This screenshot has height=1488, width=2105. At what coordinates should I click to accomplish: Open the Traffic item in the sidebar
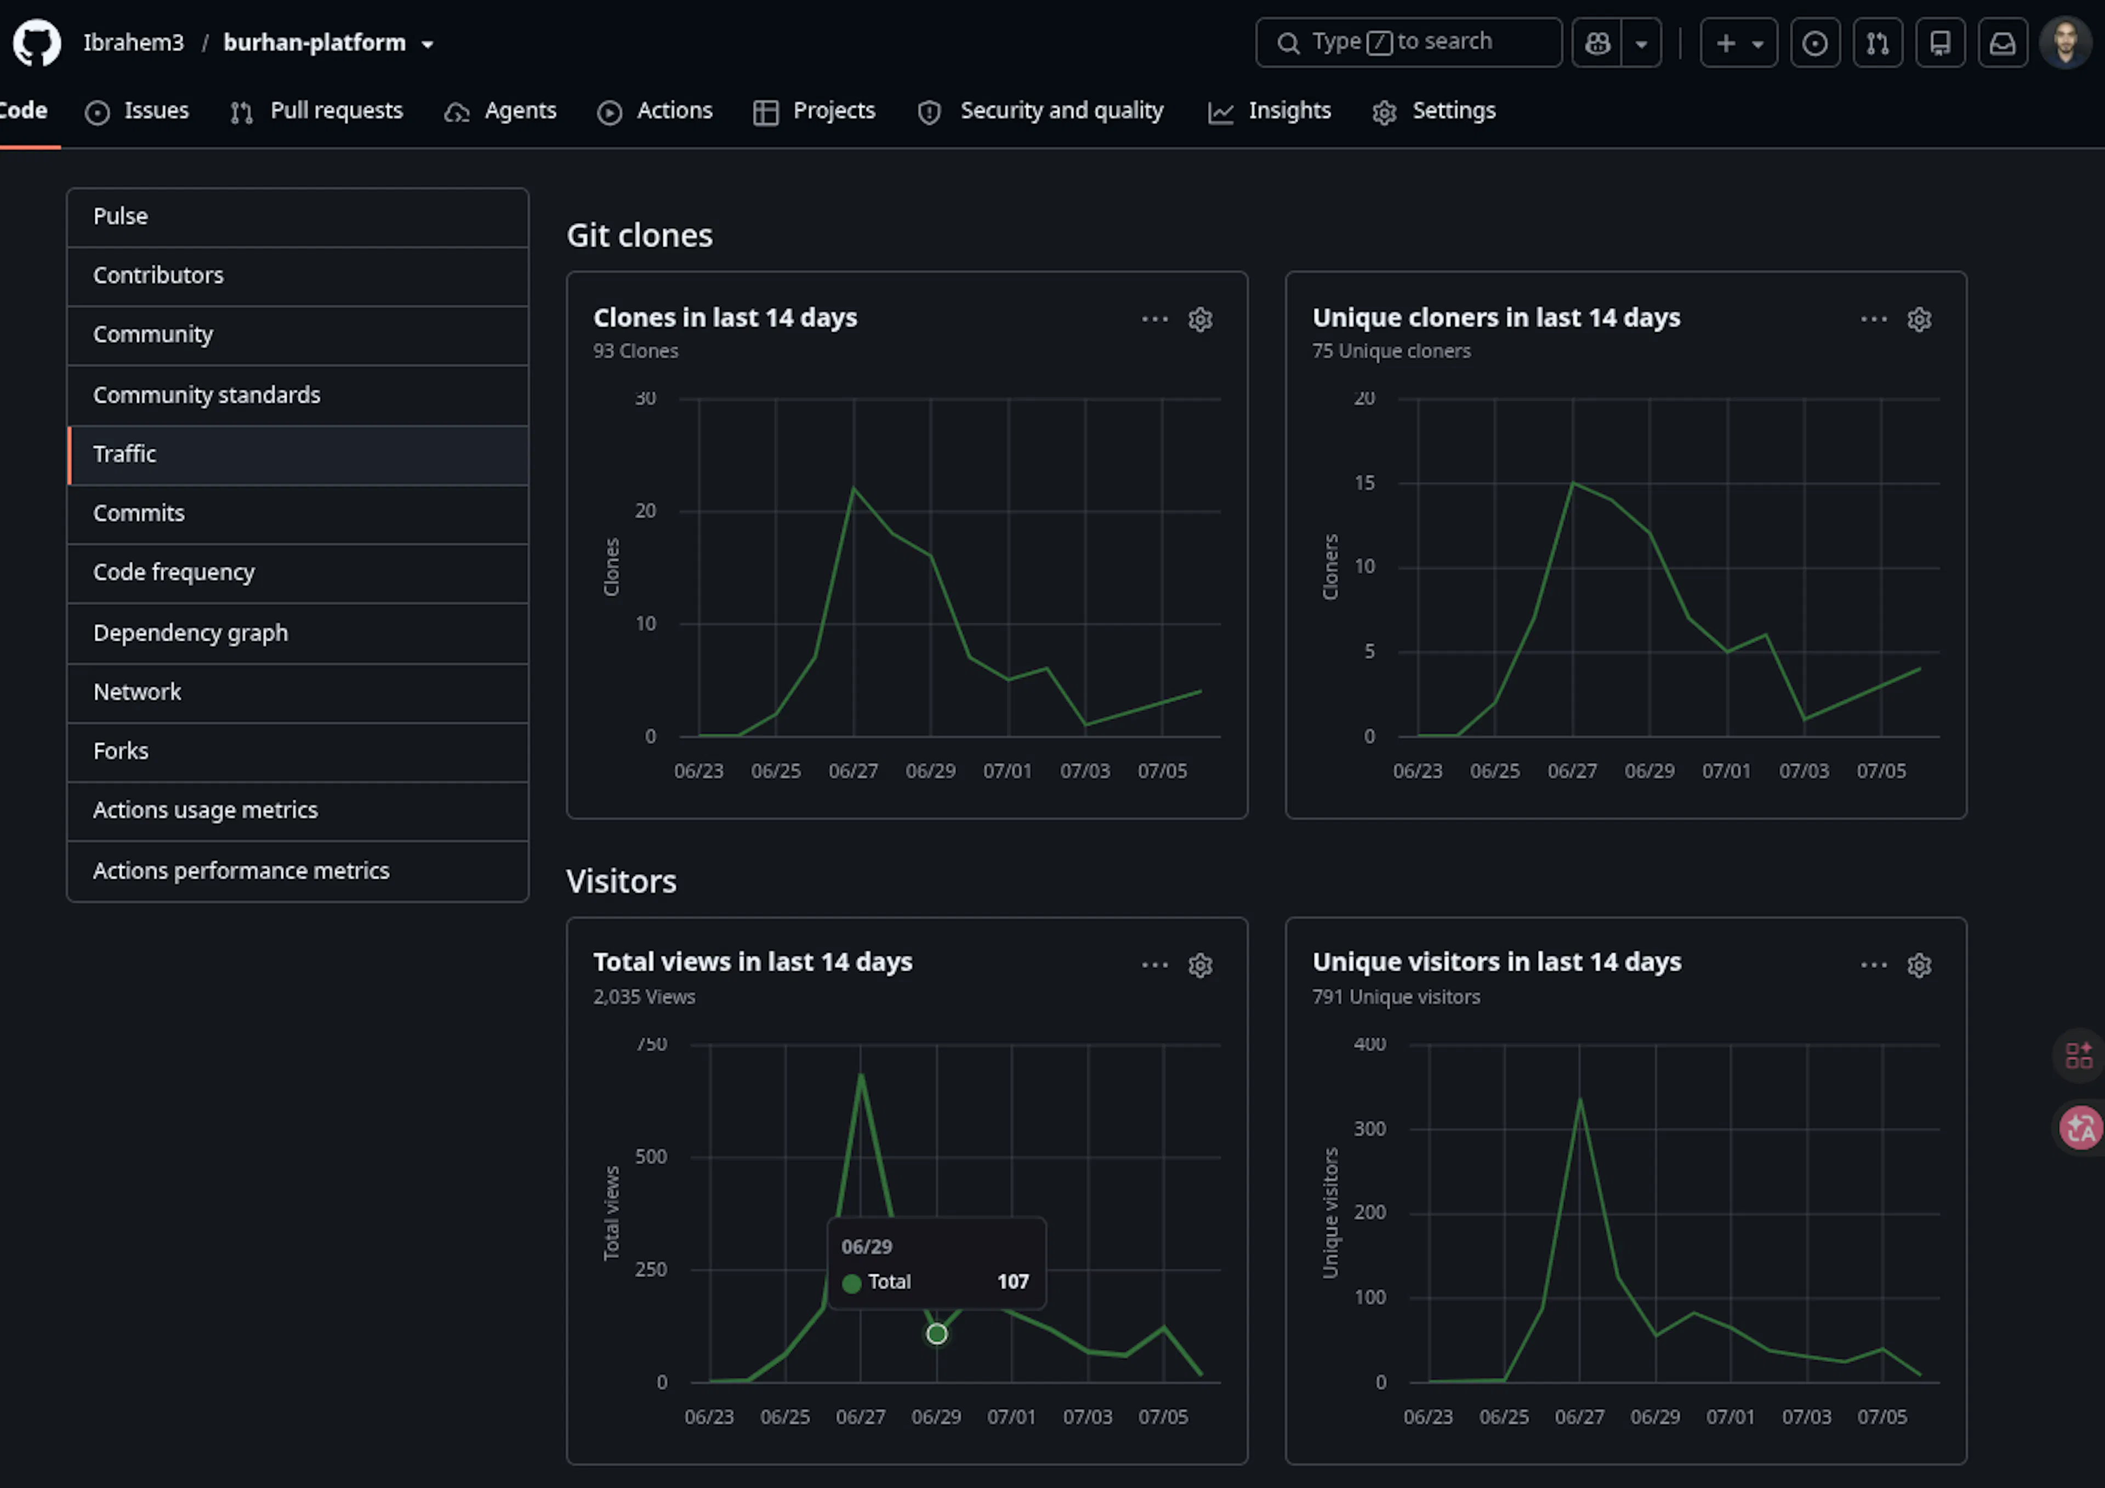point(124,454)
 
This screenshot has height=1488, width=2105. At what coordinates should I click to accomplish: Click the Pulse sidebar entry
point(120,216)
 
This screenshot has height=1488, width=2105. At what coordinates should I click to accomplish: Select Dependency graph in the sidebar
point(191,632)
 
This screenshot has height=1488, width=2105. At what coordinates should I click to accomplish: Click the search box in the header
point(1408,42)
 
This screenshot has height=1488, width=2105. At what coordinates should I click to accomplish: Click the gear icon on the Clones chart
point(1200,319)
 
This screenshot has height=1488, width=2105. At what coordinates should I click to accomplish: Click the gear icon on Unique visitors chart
point(1919,965)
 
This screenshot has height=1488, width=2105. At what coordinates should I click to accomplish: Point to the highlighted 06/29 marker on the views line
point(936,1334)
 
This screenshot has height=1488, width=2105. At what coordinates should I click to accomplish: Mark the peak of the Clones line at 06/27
point(854,488)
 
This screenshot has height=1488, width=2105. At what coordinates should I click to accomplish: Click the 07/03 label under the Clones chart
point(1085,771)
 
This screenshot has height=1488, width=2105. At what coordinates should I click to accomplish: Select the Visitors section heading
point(622,881)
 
